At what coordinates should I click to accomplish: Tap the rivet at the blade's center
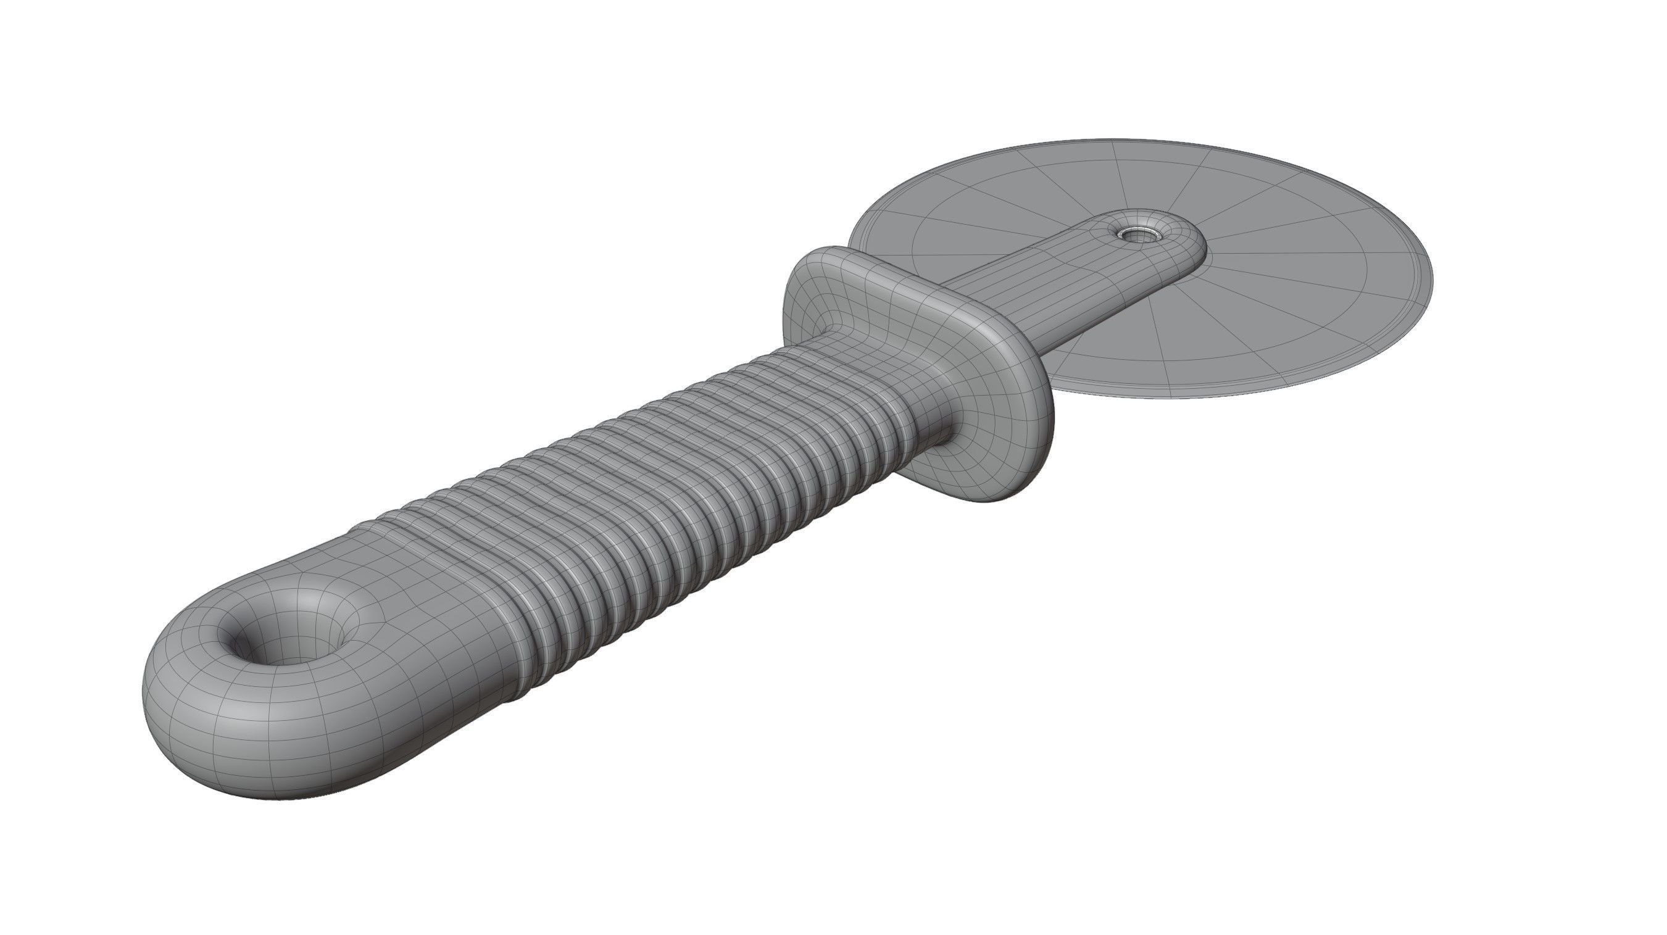1133,233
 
